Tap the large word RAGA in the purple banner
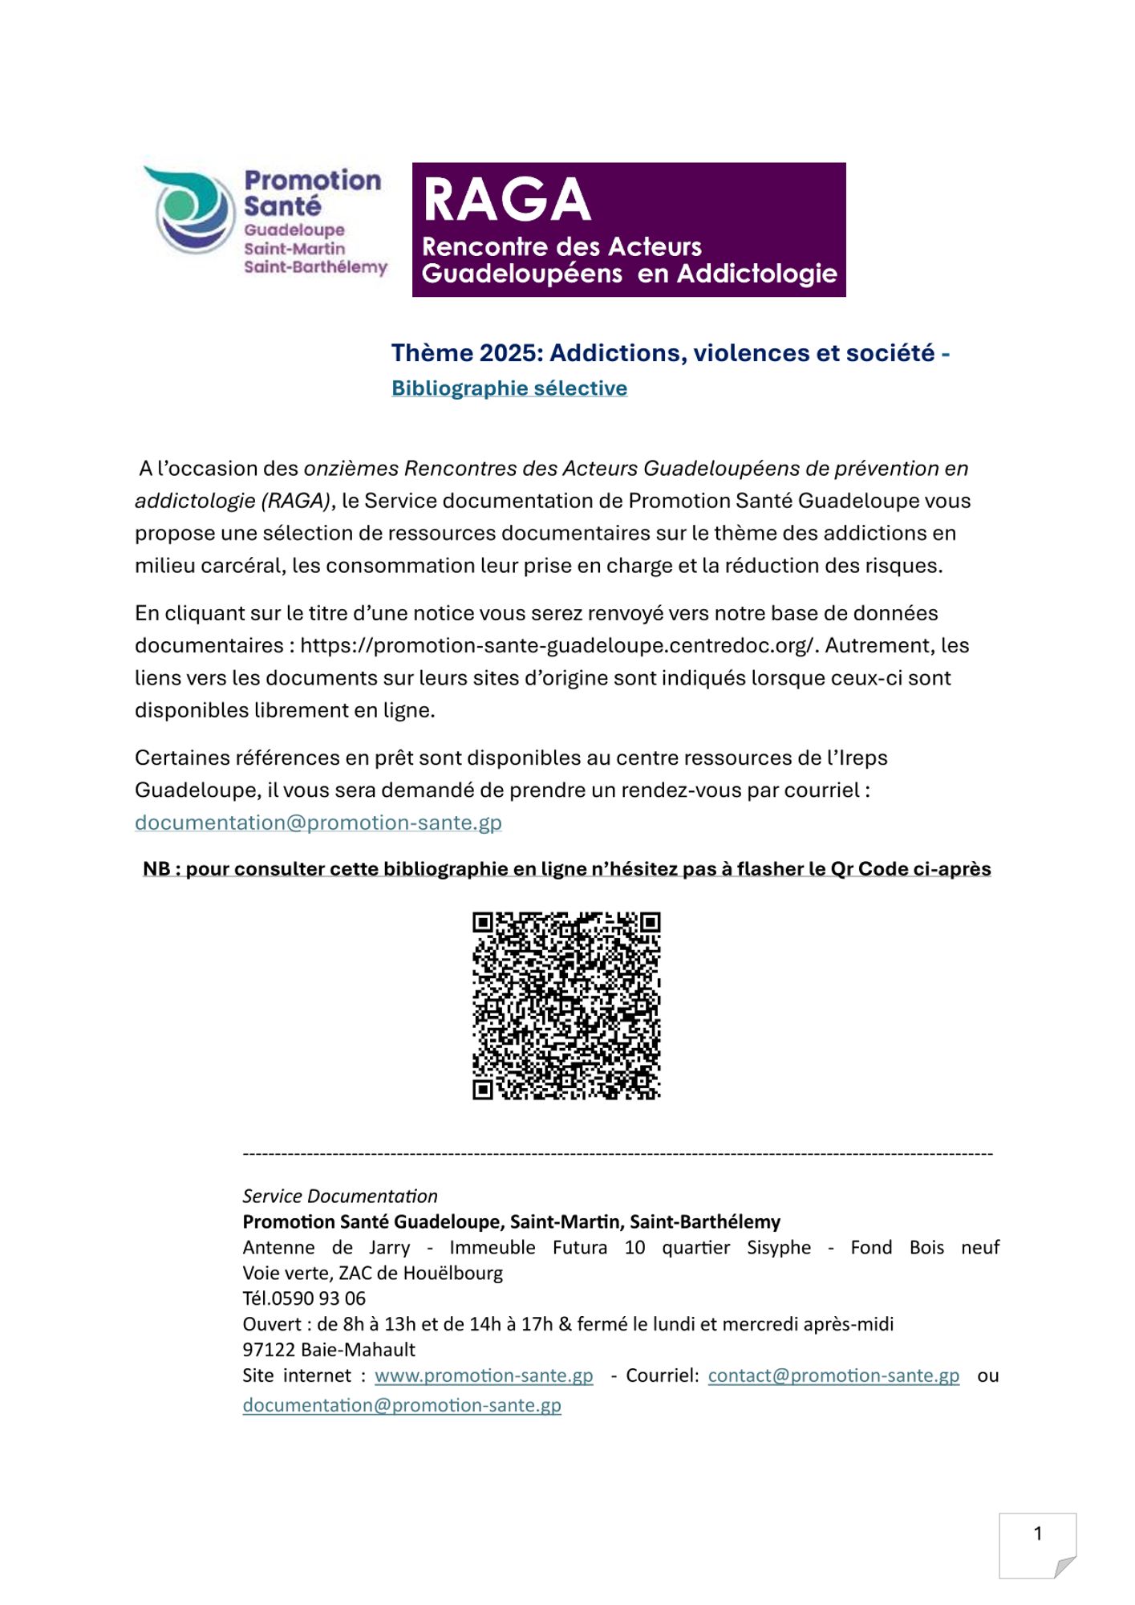coord(507,200)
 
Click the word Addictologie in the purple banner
coord(757,274)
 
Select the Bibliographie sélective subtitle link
coord(509,388)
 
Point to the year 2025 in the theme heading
coord(501,353)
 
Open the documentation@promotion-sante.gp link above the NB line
coord(318,823)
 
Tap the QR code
coord(566,1006)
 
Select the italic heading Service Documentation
coord(340,1196)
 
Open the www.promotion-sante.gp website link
coord(484,1375)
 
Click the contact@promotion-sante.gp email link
coord(833,1375)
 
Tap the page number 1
coord(1037,1534)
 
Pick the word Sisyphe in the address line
coord(779,1247)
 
